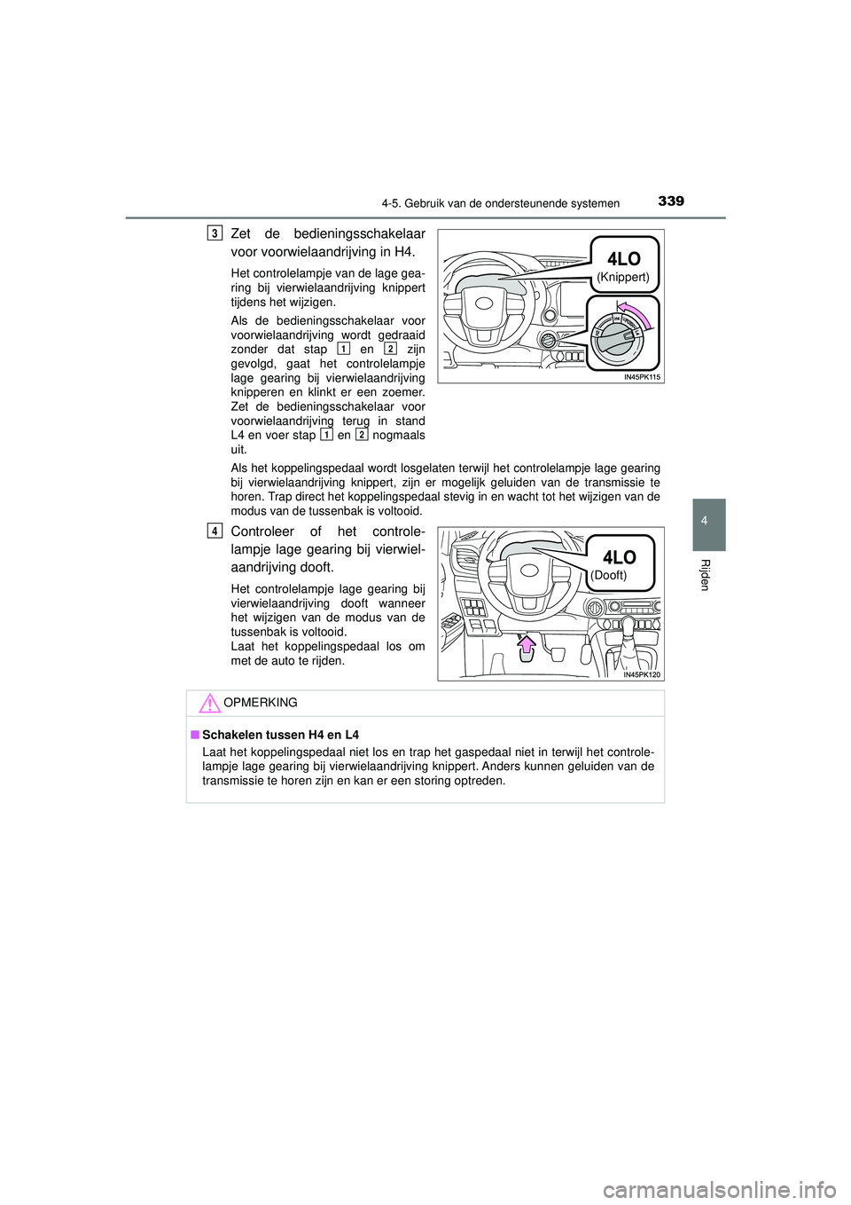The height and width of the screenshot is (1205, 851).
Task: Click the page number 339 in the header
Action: (x=671, y=201)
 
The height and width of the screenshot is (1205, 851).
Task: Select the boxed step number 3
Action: (x=215, y=232)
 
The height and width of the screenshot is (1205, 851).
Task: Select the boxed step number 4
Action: (x=215, y=531)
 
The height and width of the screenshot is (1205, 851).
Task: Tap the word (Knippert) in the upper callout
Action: (x=622, y=277)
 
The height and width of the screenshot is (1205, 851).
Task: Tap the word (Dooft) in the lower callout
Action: (x=609, y=575)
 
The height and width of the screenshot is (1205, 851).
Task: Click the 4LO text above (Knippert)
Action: (x=623, y=258)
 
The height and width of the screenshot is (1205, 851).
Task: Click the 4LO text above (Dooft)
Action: (x=619, y=556)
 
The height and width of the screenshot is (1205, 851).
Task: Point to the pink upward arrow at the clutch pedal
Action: (x=527, y=645)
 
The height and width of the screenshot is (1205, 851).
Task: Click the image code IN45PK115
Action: (x=642, y=377)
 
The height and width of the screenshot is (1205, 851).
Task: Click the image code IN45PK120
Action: (x=642, y=674)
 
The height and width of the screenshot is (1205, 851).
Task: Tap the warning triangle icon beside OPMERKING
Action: (x=208, y=704)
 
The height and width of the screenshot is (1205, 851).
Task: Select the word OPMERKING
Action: (x=261, y=703)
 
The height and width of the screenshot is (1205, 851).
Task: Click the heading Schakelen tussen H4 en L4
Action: (x=280, y=735)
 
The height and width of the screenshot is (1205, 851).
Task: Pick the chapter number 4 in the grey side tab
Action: (x=704, y=521)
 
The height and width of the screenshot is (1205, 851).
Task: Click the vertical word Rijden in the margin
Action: (x=706, y=575)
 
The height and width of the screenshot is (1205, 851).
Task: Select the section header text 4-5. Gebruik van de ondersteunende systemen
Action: (x=500, y=203)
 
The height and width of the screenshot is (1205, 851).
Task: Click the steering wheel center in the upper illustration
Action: (x=484, y=303)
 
